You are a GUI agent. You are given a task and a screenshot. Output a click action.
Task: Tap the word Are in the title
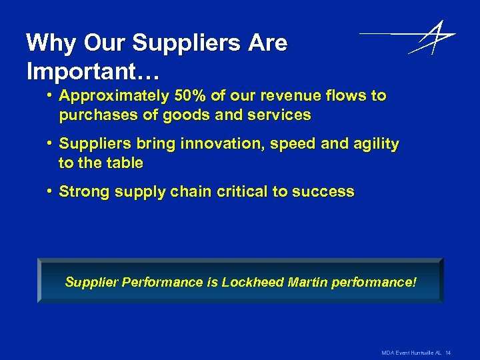(x=267, y=43)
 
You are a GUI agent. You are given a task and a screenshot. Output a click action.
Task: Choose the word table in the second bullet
(x=122, y=163)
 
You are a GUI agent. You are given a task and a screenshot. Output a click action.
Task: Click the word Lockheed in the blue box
(x=252, y=282)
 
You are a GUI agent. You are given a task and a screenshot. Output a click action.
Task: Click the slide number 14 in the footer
(x=449, y=351)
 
